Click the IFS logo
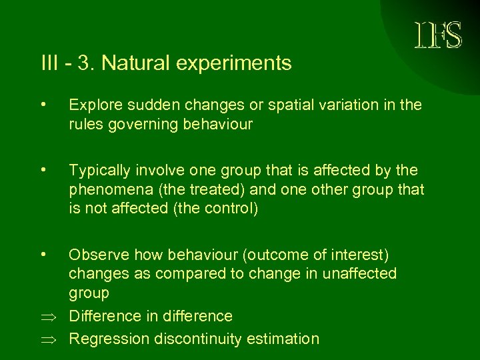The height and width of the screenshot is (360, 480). click(x=437, y=35)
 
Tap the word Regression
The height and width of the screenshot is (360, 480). click(x=109, y=339)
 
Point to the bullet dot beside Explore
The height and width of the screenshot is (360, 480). click(x=43, y=104)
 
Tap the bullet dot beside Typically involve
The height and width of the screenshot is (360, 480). click(x=43, y=171)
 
